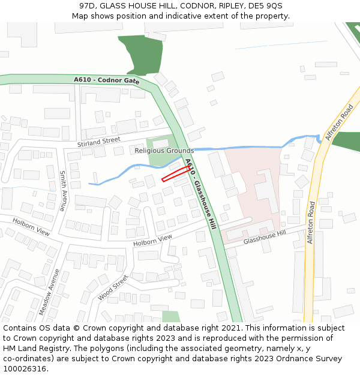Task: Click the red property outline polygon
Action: coord(176,173)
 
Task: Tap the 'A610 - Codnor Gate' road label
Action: coord(106,80)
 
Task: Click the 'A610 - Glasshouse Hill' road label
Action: coord(200,194)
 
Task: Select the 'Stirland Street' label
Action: coord(99,142)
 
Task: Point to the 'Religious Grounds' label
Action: coord(164,151)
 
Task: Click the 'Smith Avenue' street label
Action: coord(62,190)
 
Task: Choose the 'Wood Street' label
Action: coord(113,289)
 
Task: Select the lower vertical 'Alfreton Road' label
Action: coord(311,222)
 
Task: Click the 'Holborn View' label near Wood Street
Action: coord(152,240)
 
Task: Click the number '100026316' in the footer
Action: coord(25,368)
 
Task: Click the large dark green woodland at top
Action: coord(142,54)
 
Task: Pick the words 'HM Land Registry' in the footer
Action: coord(35,348)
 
